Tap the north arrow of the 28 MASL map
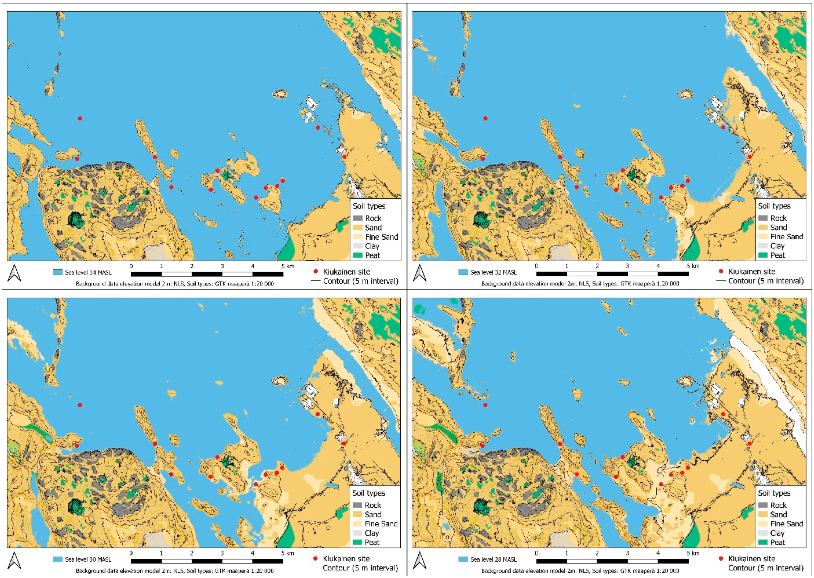420,560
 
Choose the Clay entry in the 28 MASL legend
777,533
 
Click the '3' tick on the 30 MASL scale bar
222,553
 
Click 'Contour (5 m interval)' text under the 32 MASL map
766,281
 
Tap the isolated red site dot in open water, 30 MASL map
80,405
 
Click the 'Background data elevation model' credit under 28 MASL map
580,570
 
